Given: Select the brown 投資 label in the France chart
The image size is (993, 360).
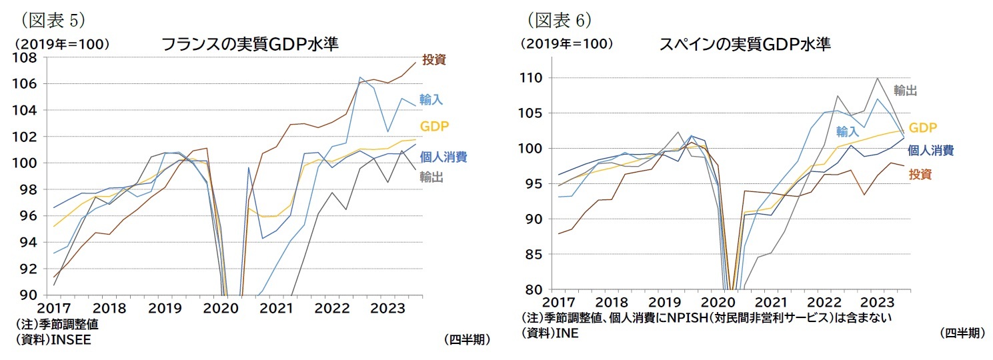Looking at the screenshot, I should point(433,59).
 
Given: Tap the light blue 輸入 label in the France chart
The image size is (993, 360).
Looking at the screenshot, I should point(431,99).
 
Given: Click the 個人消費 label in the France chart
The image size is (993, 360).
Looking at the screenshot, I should point(443,157).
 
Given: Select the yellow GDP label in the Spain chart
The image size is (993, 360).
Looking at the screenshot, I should point(923,127).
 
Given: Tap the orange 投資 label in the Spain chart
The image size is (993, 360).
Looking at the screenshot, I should point(920,175).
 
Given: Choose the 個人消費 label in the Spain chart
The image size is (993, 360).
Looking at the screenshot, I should point(930,150).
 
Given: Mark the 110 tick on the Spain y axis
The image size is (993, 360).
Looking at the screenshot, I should point(534,78).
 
